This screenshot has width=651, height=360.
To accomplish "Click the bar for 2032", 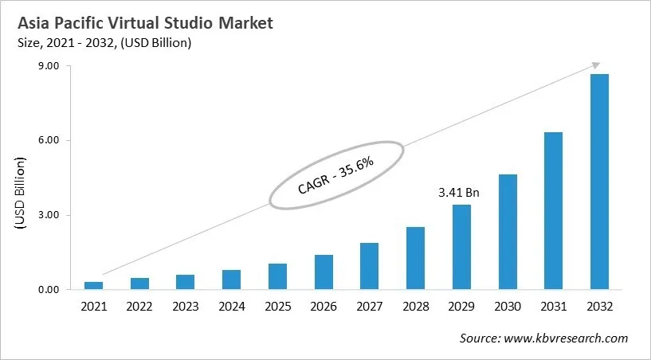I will [x=599, y=182].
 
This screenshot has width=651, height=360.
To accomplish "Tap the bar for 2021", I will [x=93, y=285].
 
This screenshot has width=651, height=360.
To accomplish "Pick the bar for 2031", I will [x=553, y=210].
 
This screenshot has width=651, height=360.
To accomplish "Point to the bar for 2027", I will [x=369, y=266].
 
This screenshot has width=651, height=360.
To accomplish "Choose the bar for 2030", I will [x=507, y=232].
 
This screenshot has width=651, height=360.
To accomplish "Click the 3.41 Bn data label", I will [x=460, y=192].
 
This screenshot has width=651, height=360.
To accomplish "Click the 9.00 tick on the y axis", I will [x=49, y=66].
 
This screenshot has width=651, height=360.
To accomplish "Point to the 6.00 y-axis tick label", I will [x=49, y=141].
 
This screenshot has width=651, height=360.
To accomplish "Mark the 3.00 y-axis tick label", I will [x=49, y=215].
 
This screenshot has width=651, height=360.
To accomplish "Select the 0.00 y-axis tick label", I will [x=49, y=290].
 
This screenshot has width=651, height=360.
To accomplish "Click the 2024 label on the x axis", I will [x=231, y=307].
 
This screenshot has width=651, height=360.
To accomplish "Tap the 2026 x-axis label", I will [x=323, y=307].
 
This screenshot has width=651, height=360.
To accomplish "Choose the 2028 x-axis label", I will [x=415, y=307].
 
